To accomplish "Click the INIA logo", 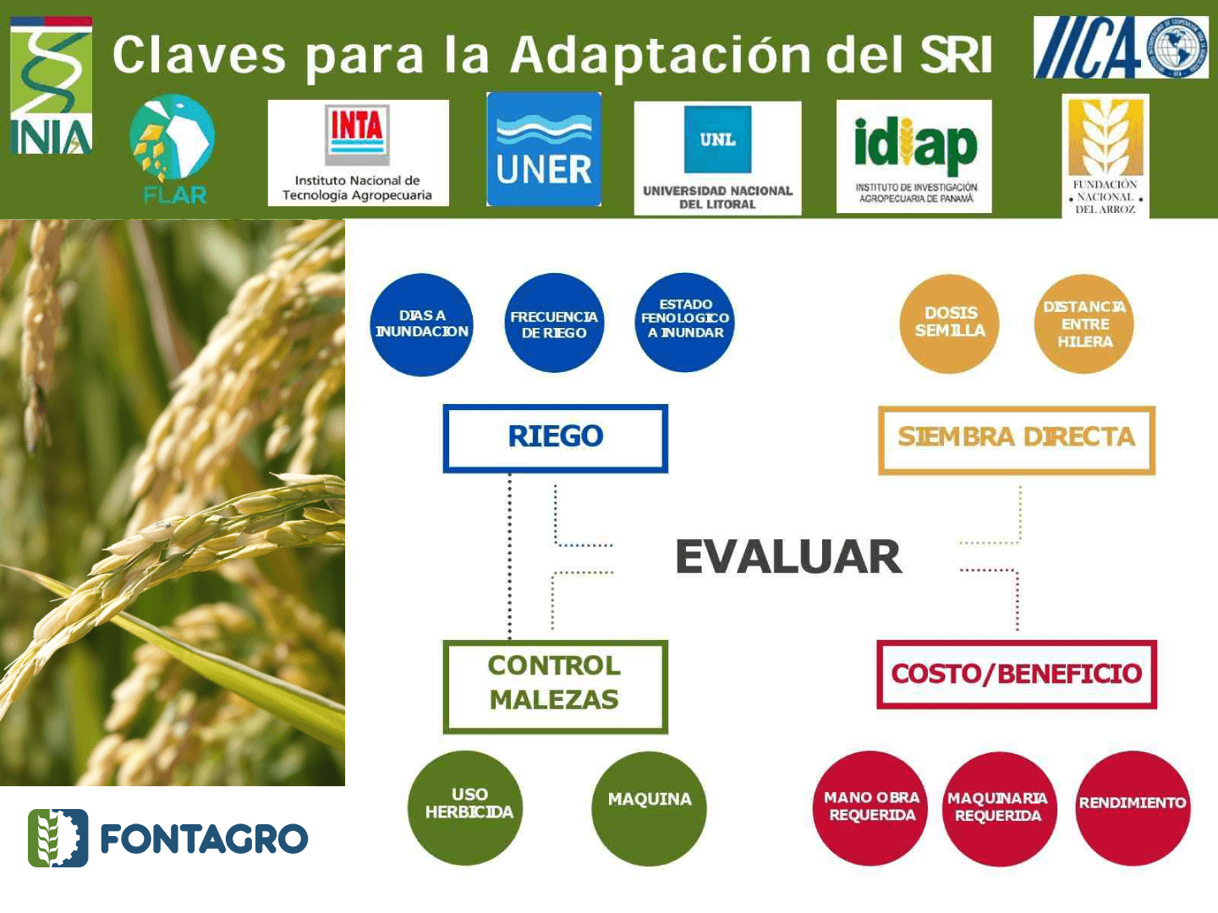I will (x=51, y=86).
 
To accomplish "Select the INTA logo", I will (x=358, y=153).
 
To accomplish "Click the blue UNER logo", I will (x=544, y=150).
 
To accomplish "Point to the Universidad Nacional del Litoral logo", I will (x=717, y=158).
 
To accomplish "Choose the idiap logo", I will (x=914, y=156).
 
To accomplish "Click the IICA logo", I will (x=1121, y=47).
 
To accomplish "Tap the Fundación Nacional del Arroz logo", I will (x=1105, y=156).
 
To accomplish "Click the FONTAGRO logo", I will (x=168, y=838).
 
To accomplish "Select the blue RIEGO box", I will (x=556, y=437).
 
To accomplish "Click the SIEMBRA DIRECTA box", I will (x=1016, y=439).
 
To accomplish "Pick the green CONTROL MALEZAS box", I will (x=556, y=685).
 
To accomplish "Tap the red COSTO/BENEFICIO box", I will (x=1016, y=674).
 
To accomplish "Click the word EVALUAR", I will (x=788, y=557).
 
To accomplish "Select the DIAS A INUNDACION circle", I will (x=421, y=324).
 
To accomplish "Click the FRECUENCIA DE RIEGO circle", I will (x=554, y=324).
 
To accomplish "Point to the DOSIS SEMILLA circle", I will (x=950, y=323).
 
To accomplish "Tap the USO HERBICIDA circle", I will (x=467, y=807).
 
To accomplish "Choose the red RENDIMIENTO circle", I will (x=1132, y=807).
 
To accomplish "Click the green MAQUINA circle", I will (x=649, y=807).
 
